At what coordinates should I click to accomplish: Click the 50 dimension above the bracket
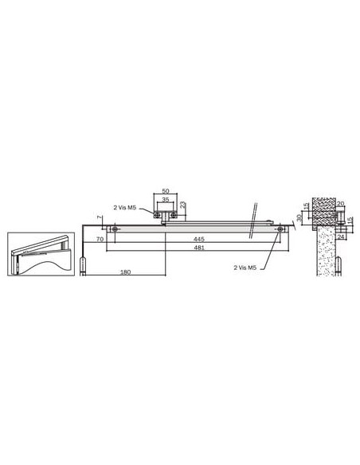[x=166, y=190]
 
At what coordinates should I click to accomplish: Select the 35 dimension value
[x=166, y=200]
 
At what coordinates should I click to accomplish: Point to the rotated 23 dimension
[x=183, y=205]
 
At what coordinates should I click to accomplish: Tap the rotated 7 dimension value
[x=99, y=217]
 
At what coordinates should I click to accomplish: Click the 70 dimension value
[x=100, y=239]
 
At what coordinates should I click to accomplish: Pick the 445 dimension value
[x=199, y=239]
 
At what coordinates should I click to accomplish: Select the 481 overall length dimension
[x=199, y=248]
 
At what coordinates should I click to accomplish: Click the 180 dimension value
[x=125, y=272]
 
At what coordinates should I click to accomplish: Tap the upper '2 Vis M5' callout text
[x=125, y=208]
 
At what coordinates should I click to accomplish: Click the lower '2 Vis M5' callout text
[x=245, y=268]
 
